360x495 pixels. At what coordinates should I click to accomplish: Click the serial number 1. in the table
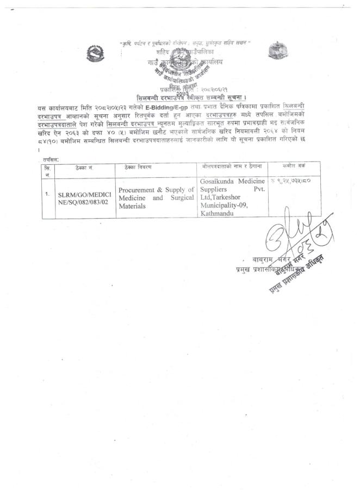tap(48, 194)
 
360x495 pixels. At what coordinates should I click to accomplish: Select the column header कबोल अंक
tap(294, 166)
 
